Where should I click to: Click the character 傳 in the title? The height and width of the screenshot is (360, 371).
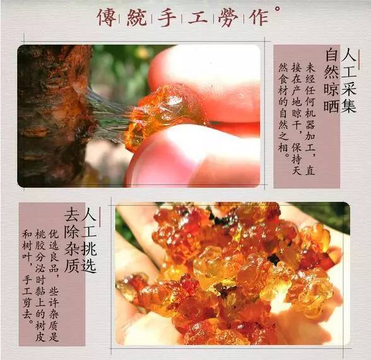tap(105, 17)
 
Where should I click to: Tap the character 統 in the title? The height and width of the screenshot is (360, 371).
tap(139, 17)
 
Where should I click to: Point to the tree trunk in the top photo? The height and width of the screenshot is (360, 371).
tap(50, 113)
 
